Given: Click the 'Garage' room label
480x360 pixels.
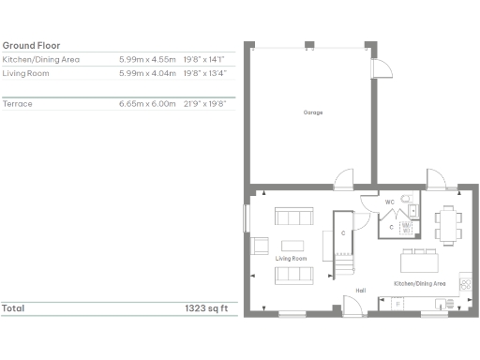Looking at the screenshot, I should (312, 112).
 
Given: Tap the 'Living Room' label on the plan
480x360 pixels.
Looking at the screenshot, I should (292, 258).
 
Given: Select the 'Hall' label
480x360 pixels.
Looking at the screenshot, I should (360, 290).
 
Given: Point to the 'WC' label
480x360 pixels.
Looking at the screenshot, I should (389, 202).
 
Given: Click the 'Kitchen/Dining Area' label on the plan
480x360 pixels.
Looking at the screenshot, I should (419, 282).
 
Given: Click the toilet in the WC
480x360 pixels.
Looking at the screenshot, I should (407, 198).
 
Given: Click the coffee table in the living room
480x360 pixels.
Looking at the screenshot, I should (292, 245).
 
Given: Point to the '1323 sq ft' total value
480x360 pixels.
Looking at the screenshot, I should (205, 307).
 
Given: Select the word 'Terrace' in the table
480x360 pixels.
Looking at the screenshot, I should (18, 103).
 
